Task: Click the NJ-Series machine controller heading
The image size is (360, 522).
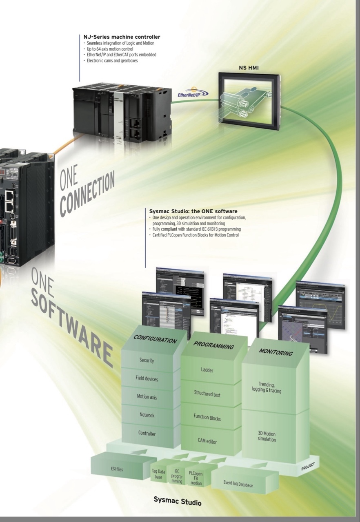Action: tap(122, 37)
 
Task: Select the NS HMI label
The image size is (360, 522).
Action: tap(249, 68)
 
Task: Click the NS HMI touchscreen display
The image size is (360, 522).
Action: tap(249, 100)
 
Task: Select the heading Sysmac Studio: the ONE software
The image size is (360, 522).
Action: tap(193, 211)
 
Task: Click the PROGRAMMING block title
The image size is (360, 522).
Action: tap(213, 345)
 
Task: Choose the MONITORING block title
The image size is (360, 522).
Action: tap(276, 352)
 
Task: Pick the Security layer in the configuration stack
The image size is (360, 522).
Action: tap(147, 360)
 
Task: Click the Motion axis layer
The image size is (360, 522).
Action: tap(147, 396)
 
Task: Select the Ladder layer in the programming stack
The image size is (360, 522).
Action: tap(207, 370)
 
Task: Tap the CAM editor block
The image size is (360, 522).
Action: tap(207, 441)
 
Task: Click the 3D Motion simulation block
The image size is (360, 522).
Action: tap(267, 436)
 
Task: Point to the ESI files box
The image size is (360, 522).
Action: tap(117, 469)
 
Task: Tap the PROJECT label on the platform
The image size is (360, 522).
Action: tap(308, 467)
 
